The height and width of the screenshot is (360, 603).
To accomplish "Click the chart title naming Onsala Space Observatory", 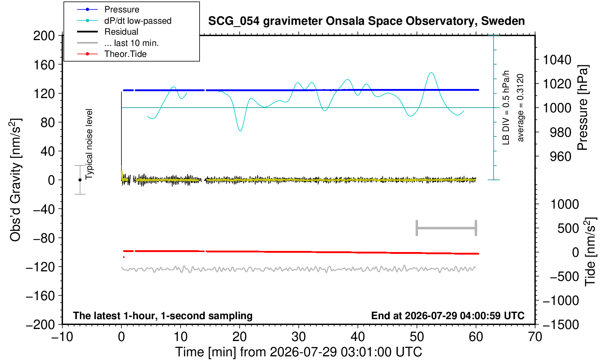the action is click(x=366, y=21).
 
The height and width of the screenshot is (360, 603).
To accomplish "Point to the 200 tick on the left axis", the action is click(x=44, y=35).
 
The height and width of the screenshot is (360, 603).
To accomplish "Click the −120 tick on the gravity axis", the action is click(x=40, y=267).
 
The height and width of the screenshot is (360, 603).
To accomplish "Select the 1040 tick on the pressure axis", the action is click(x=557, y=59).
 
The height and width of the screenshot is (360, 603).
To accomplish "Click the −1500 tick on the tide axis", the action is click(x=561, y=325).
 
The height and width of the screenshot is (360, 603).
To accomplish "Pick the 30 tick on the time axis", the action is click(x=298, y=337).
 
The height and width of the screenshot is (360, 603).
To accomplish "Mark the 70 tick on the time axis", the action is click(x=535, y=337).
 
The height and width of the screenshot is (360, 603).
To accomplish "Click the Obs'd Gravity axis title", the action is click(x=15, y=180).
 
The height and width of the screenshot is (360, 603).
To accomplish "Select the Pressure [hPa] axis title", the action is click(x=583, y=108).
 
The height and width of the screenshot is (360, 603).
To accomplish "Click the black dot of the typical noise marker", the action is click(x=80, y=180).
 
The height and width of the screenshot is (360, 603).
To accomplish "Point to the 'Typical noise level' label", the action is click(x=89, y=144).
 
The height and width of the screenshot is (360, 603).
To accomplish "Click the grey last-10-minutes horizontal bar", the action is click(x=447, y=228).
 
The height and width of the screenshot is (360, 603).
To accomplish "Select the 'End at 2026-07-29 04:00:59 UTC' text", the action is click(x=448, y=316).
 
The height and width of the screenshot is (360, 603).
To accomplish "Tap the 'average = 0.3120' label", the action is click(x=520, y=108).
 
